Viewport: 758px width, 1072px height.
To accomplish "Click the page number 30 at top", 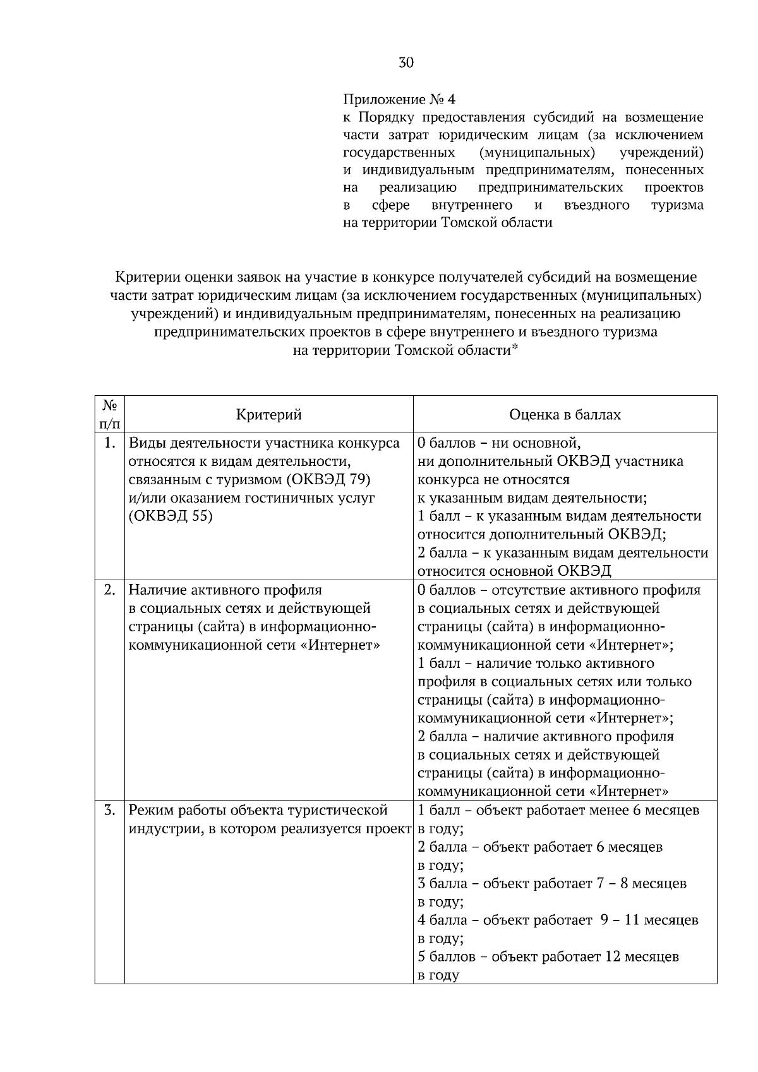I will pos(406,63).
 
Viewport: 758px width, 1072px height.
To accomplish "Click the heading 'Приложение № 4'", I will pos(399,100).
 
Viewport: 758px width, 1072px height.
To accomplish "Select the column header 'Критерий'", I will pos(268,415).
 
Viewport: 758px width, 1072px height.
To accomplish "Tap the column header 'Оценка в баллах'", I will pos(565,415).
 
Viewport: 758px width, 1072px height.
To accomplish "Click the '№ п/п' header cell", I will pos(109,414).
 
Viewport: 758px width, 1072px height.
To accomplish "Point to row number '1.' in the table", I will pos(109,443).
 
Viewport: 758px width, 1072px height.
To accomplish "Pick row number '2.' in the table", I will pos(109,590).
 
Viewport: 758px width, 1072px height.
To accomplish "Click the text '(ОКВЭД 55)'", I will pos(171,516).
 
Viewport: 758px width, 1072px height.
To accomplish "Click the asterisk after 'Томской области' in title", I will pos(514,348).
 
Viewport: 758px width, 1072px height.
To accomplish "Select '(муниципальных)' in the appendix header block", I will pos(537,153).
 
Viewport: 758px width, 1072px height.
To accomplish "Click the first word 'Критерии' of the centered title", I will pos(145,277).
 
